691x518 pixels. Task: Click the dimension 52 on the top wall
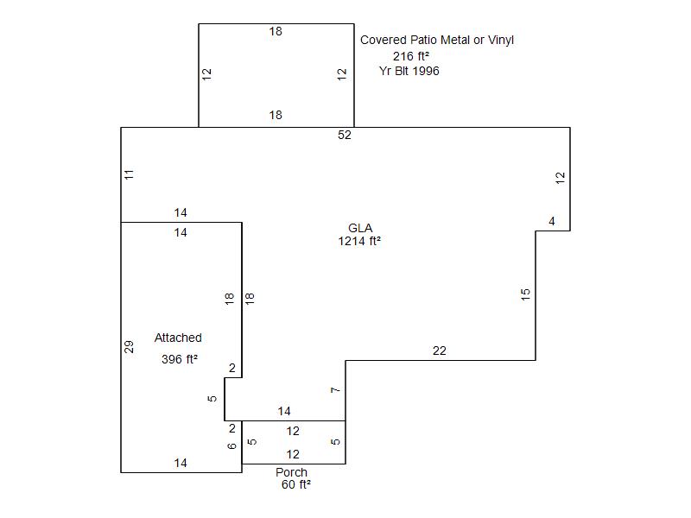coord(345,135)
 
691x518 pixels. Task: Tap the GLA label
coord(359,228)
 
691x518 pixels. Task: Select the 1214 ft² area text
coord(359,242)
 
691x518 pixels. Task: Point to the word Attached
coord(178,338)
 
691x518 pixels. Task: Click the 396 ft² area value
coord(180,360)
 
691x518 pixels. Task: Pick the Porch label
coord(291,472)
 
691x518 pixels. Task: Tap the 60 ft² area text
coord(295,485)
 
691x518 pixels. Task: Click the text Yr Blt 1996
coord(409,71)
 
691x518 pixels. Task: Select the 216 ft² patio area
coord(411,56)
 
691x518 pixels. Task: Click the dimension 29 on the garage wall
coord(129,347)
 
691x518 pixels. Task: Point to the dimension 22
coord(440,351)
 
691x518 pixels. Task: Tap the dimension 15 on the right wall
coord(525,294)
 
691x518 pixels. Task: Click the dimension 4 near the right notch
coord(552,222)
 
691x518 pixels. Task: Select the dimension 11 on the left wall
coord(129,174)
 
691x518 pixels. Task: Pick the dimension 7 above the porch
coord(335,390)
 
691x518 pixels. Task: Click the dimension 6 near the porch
coord(231,445)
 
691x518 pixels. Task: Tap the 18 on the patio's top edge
coord(275,31)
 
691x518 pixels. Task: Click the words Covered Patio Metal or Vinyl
coord(437,40)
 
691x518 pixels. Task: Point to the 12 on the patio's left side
coord(206,74)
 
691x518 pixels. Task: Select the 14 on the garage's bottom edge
coord(181,463)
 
